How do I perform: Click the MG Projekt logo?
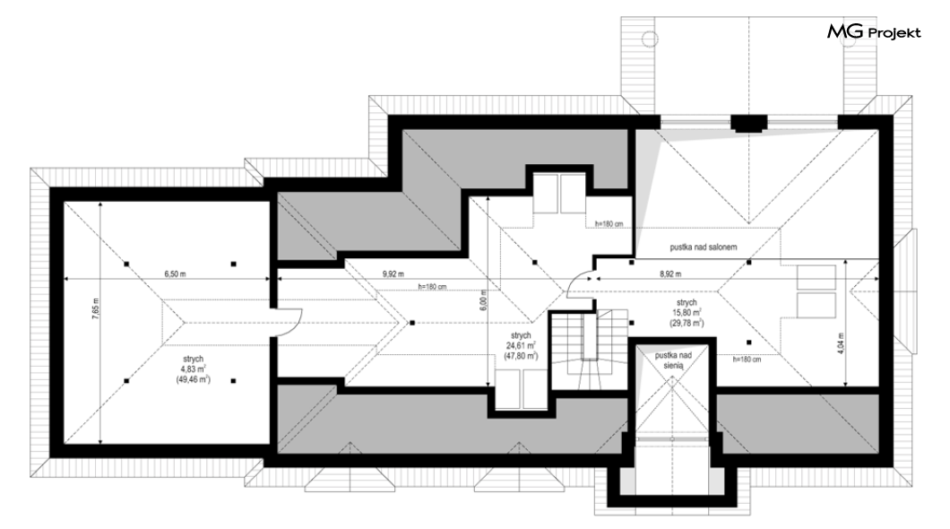[x=874, y=32]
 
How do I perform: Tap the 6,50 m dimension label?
[x=175, y=273]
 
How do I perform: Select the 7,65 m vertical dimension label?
[x=95, y=309]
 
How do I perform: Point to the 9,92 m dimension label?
[x=393, y=273]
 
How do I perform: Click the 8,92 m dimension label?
[x=670, y=273]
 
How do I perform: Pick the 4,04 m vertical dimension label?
[x=841, y=343]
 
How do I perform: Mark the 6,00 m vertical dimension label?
[x=483, y=301]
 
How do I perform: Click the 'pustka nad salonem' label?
[x=704, y=247]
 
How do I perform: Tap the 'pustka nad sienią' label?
[x=673, y=360]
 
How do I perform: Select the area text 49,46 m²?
[x=193, y=379]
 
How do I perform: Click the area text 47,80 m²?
[x=521, y=356]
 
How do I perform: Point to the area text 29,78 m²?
[x=687, y=323]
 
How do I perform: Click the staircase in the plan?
[x=588, y=350]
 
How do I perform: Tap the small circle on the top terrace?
[x=650, y=39]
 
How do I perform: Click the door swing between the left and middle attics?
[x=289, y=322]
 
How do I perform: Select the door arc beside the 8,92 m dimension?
[x=581, y=283]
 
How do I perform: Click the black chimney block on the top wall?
[x=749, y=124]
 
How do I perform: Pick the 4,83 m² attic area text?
[x=193, y=369]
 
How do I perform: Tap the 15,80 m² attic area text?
[x=687, y=313]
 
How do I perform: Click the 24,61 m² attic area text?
[x=521, y=345]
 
